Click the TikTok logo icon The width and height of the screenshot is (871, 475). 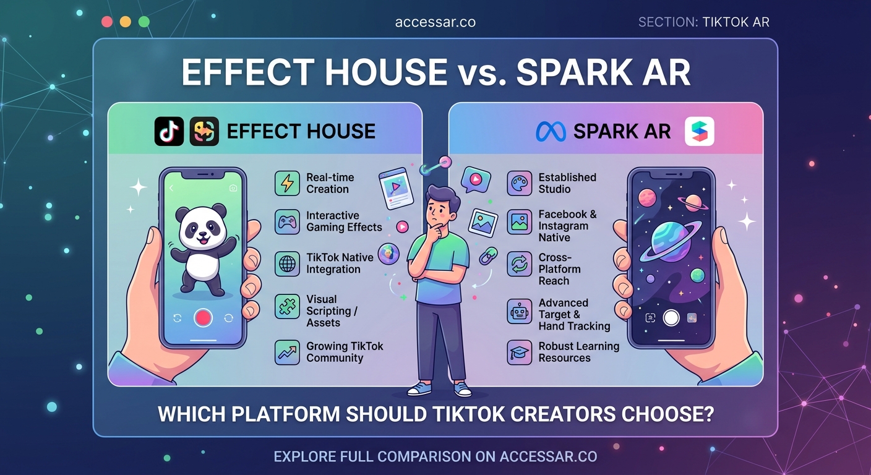(x=169, y=131)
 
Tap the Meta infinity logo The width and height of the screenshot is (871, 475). (x=551, y=131)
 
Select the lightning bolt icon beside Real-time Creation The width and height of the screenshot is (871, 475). (x=287, y=184)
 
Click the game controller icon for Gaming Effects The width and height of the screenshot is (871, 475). (x=287, y=222)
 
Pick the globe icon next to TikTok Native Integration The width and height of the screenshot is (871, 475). (x=287, y=263)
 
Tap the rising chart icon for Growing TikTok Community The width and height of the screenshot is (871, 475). (x=287, y=352)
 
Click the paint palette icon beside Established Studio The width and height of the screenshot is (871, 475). (x=519, y=183)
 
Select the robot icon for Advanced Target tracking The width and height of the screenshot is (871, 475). (x=519, y=312)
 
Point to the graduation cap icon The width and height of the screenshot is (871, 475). (x=519, y=352)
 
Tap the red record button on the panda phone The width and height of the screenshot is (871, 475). (x=203, y=318)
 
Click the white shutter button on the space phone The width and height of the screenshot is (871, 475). (x=671, y=318)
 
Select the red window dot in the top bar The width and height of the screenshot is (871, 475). (x=107, y=22)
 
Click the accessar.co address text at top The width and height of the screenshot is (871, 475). (x=435, y=22)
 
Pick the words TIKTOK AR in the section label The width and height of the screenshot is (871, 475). (x=736, y=22)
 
